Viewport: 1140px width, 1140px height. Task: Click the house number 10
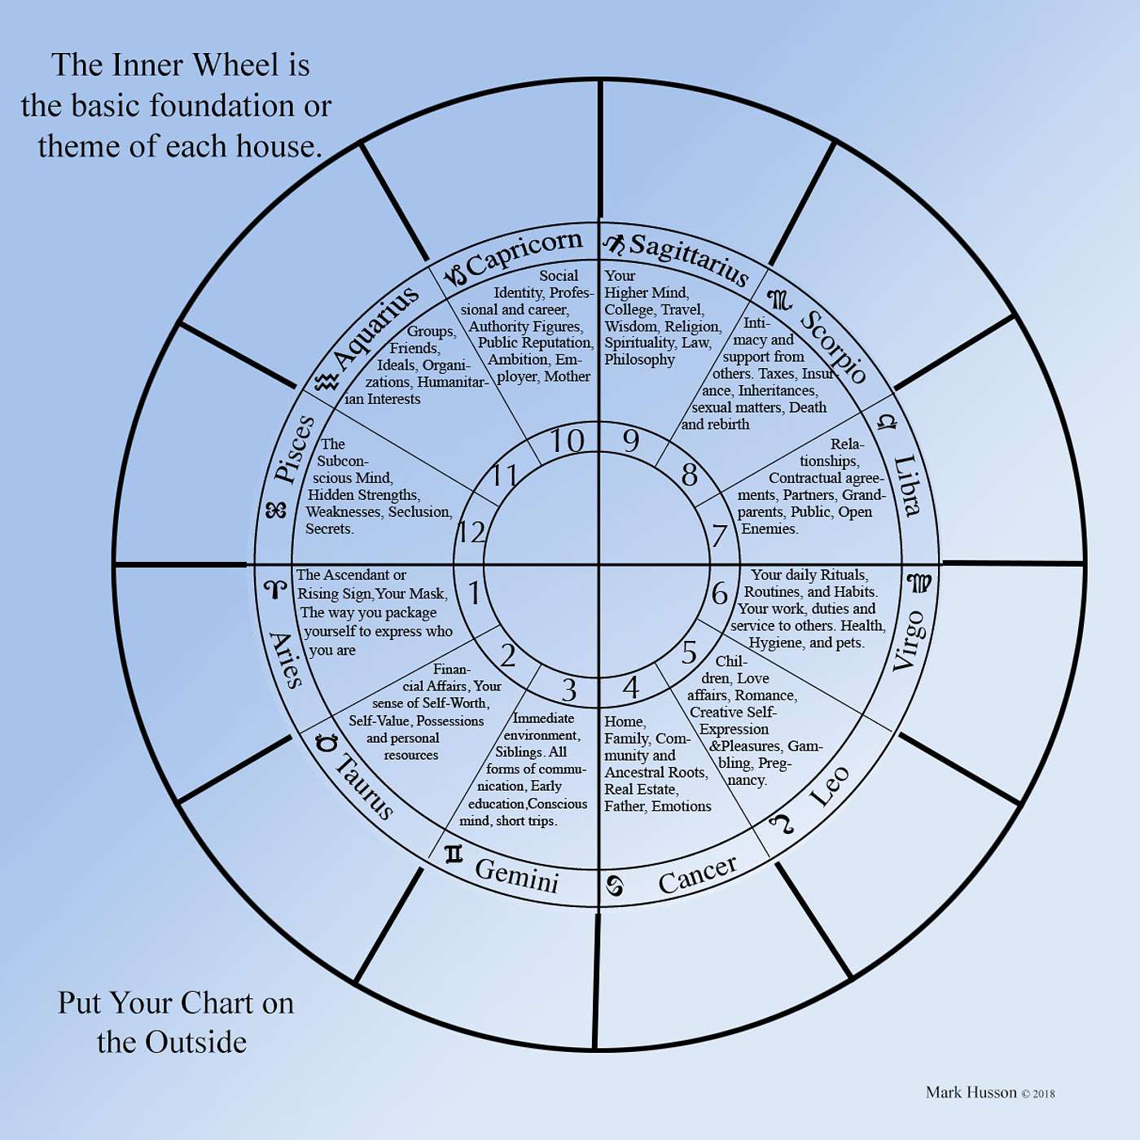tap(567, 441)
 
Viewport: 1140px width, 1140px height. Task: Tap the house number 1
tap(474, 593)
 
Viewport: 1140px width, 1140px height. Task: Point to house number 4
tap(630, 687)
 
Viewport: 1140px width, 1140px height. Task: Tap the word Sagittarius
tap(689, 259)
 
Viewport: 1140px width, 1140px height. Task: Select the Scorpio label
tap(832, 346)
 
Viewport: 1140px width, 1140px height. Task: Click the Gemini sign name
tap(516, 875)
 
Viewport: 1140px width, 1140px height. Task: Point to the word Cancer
tap(697, 874)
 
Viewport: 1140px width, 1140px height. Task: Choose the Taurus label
tap(365, 786)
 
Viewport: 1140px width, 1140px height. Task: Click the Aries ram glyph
tap(275, 589)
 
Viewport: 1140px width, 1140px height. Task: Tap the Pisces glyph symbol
tap(276, 511)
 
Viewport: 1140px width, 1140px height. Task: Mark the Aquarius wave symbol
tap(327, 381)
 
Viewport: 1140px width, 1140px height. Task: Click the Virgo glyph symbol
tap(919, 583)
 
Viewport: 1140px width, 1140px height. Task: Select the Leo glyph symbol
tap(783, 824)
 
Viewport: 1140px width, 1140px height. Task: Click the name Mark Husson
tap(971, 1093)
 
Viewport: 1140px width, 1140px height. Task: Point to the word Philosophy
tap(639, 360)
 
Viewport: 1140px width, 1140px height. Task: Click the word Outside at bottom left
tap(195, 1042)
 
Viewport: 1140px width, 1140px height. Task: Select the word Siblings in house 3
tap(520, 752)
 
